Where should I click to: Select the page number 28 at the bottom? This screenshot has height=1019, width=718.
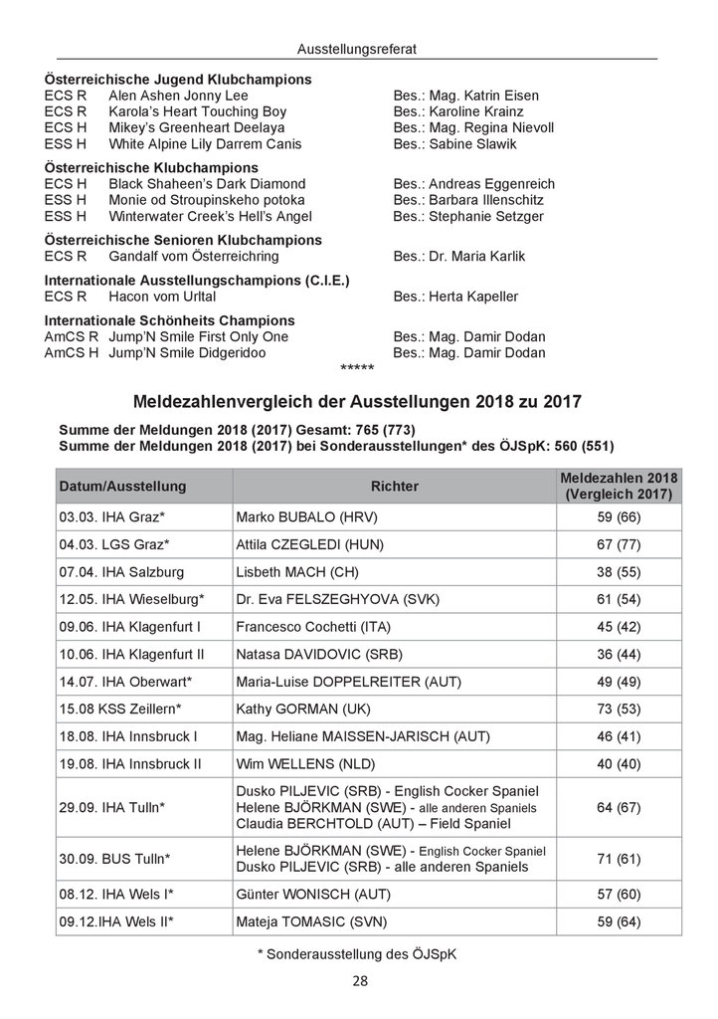click(x=359, y=981)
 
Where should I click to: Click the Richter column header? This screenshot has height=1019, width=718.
click(x=394, y=487)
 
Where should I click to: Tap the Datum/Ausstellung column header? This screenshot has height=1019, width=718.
click(x=123, y=487)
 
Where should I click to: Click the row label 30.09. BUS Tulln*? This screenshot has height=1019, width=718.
click(x=114, y=859)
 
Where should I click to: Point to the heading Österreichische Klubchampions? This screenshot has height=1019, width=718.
click(x=152, y=168)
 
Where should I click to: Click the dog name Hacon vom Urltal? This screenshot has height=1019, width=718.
click(x=163, y=297)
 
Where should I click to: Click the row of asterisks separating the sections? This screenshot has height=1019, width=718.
click(x=357, y=368)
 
